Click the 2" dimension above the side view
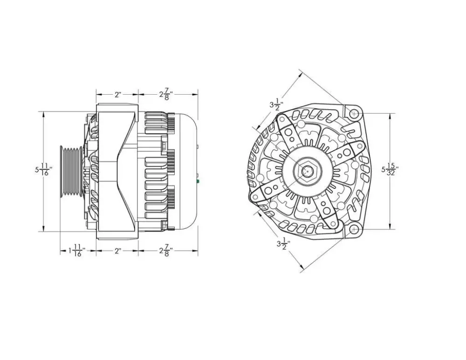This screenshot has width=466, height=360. click(117, 95)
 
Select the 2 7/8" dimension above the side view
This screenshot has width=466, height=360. click(165, 95)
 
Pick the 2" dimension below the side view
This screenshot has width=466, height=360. click(117, 251)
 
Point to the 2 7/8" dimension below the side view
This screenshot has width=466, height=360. click(165, 251)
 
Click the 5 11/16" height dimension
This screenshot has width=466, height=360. click(43, 170)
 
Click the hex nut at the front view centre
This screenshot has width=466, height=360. click(306, 171)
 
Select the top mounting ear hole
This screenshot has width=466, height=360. click(354, 113)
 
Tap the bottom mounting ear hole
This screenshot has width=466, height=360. click(354, 229)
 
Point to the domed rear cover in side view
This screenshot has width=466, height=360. click(186, 171)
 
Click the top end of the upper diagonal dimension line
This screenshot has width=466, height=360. click(300, 71)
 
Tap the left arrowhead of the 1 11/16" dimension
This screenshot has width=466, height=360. click(62, 251)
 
